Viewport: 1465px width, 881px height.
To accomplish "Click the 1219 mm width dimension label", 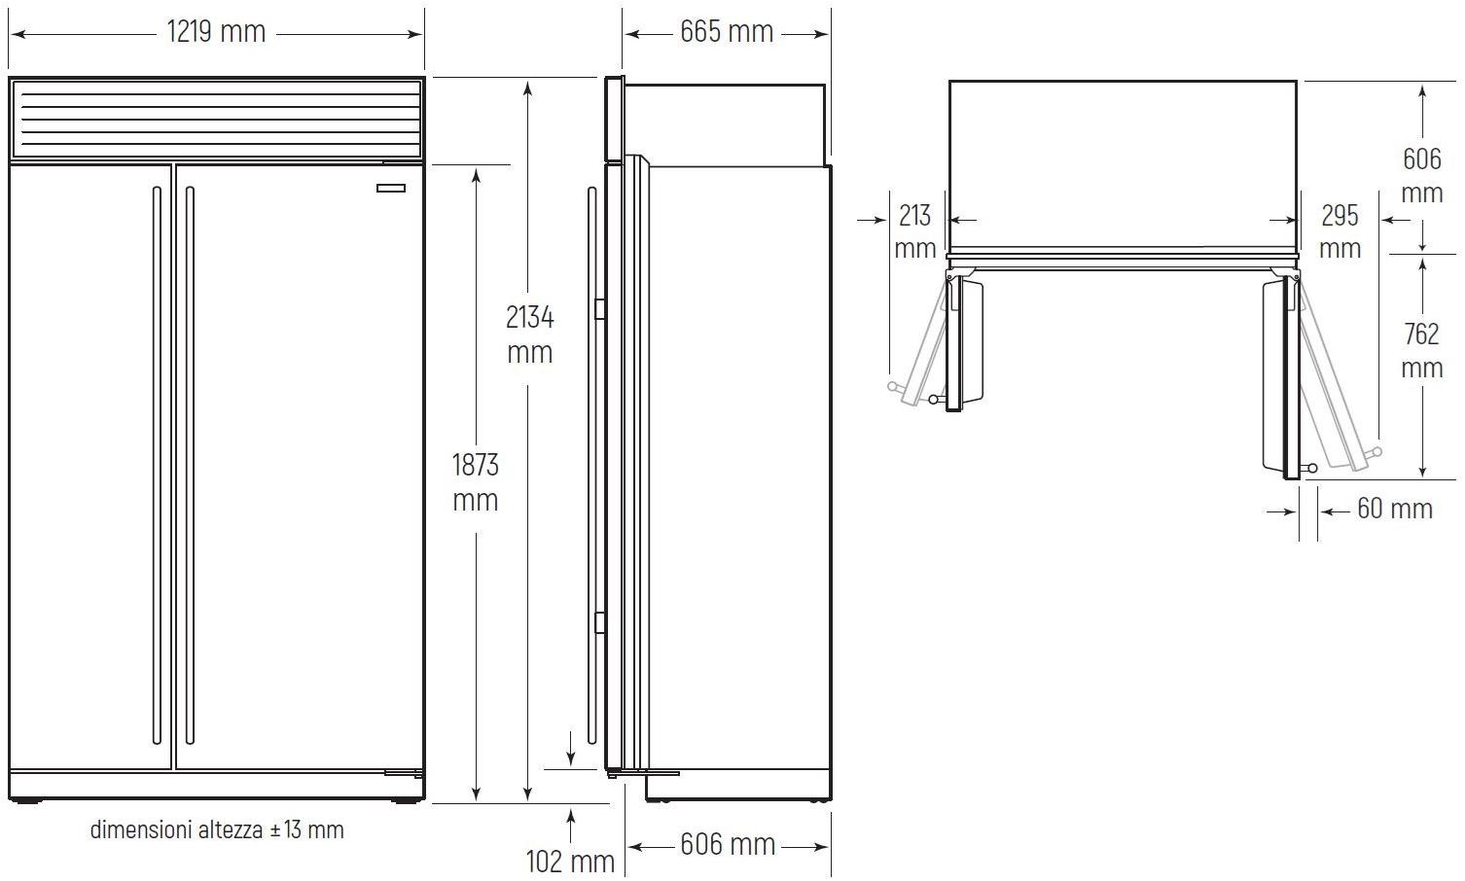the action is pos(216,31).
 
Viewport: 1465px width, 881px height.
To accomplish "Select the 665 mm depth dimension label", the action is pos(727,31).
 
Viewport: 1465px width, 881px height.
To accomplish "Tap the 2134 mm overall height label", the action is pos(530,335).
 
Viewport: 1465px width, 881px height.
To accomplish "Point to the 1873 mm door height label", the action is pos(476,482).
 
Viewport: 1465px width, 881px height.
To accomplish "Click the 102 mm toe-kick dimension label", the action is pos(570,862).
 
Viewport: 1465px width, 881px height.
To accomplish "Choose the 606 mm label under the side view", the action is pos(728,844).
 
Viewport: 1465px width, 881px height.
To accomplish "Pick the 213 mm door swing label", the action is pos(915,231).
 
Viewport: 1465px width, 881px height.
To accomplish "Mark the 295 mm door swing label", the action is pos(1340,231).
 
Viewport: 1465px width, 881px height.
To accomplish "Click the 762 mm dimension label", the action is pos(1422,351).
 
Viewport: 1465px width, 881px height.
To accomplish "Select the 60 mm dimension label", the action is pos(1394,509).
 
